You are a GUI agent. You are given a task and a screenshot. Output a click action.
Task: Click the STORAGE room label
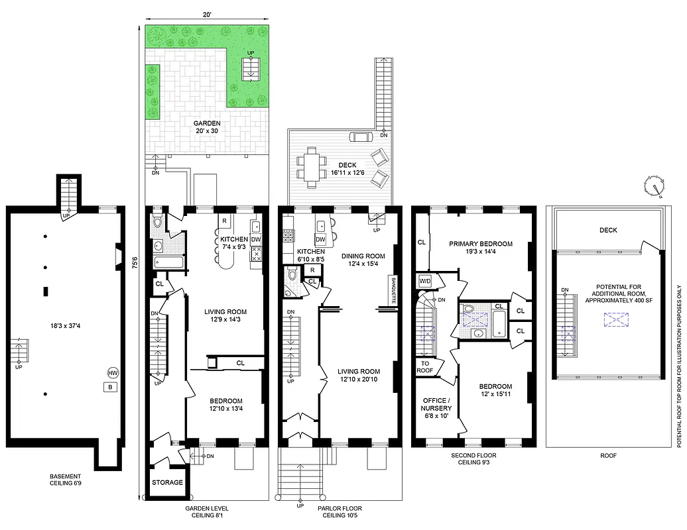pos(168,482)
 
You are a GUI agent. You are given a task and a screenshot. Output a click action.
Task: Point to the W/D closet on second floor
pos(425,280)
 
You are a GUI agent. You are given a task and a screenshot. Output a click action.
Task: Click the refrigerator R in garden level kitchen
pos(225,221)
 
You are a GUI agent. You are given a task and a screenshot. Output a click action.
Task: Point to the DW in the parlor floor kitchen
pos(320,239)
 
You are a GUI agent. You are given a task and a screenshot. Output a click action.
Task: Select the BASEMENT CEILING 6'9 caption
pos(66,480)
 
